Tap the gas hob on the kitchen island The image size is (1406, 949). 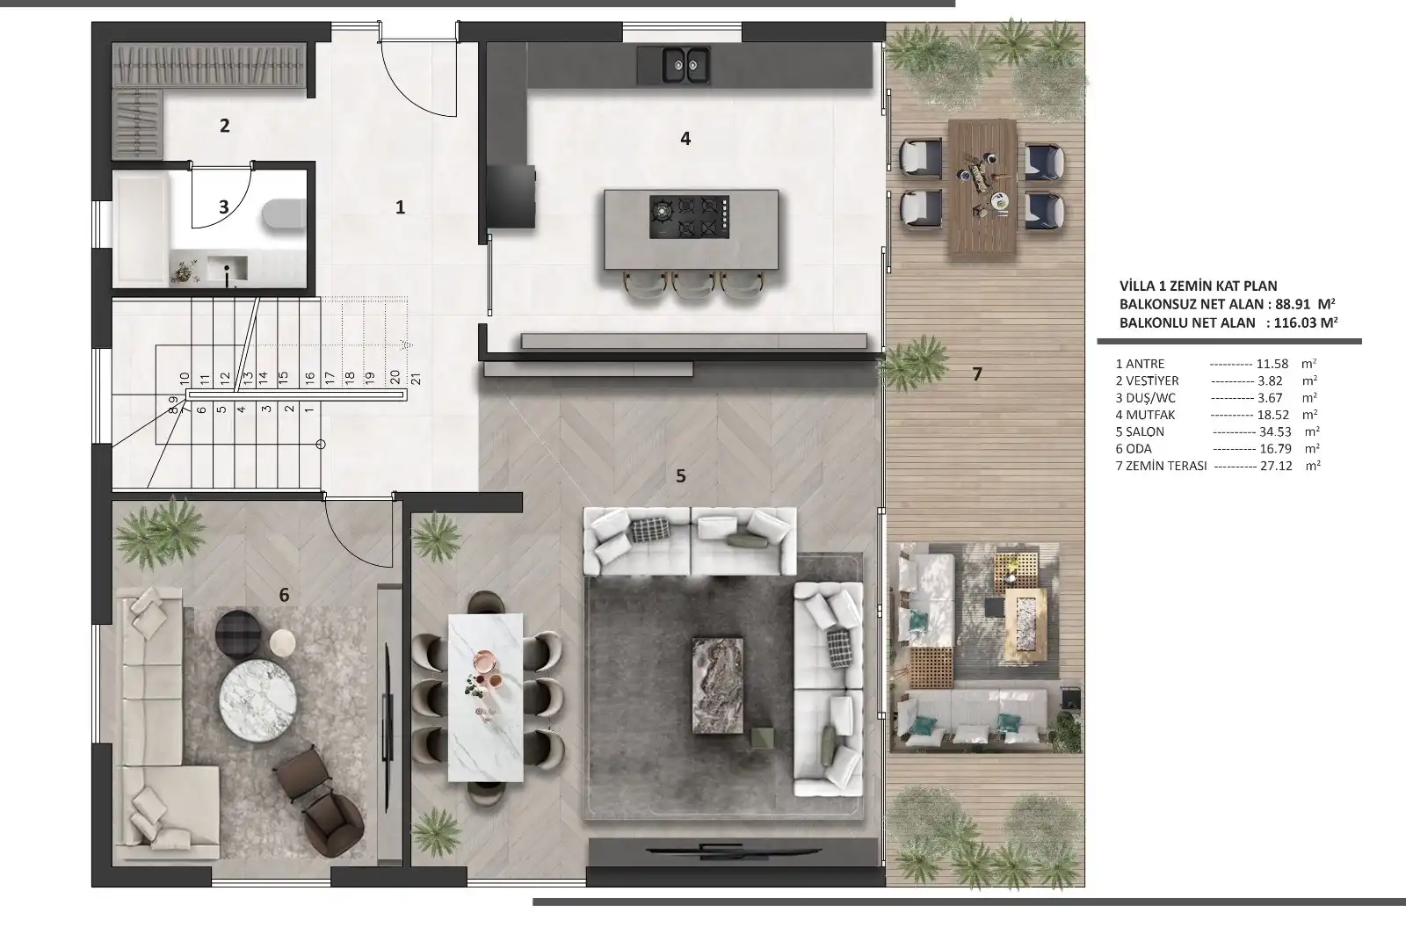click(x=689, y=216)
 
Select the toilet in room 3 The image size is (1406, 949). click(x=284, y=215)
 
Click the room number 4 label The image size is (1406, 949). click(x=685, y=138)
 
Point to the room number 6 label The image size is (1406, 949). click(x=284, y=594)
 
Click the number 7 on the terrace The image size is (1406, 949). click(x=976, y=374)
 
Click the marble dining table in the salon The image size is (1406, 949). click(x=486, y=698)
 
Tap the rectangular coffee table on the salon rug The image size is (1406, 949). click(x=717, y=685)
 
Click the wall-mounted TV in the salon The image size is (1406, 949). click(x=733, y=851)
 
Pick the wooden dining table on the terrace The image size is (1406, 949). click(x=982, y=186)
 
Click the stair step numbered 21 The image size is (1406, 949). click(x=416, y=379)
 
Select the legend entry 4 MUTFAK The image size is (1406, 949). click(x=1146, y=415)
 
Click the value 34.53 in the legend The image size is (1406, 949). click(x=1275, y=431)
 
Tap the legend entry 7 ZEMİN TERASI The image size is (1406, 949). click(x=1161, y=466)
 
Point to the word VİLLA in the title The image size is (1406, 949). click(x=1139, y=286)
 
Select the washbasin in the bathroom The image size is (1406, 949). click(x=227, y=269)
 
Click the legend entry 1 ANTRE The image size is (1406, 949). click(x=1140, y=364)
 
